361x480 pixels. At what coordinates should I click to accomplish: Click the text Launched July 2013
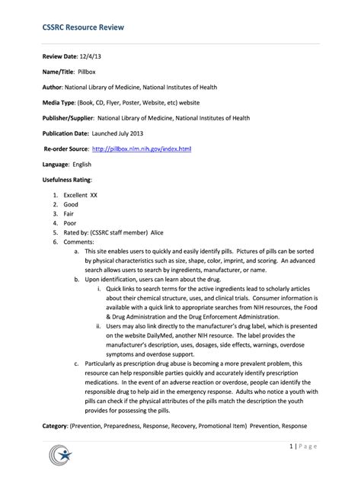pos(119,133)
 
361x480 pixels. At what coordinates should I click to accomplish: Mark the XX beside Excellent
pos(94,195)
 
